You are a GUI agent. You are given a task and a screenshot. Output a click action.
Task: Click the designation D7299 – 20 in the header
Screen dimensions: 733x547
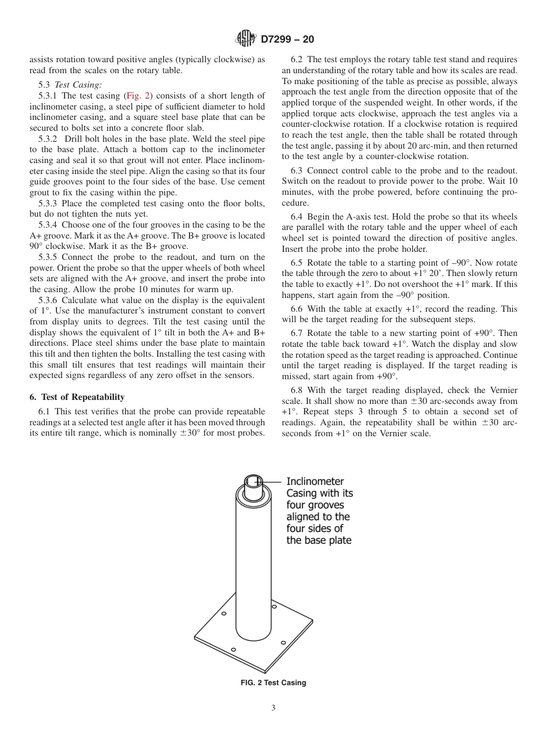click(287, 40)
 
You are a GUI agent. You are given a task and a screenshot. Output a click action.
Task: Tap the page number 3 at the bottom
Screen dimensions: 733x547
click(273, 708)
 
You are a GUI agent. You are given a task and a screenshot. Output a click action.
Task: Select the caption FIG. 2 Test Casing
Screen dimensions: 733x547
click(273, 683)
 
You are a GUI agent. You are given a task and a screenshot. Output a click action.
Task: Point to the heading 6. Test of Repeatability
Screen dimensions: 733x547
click(77, 397)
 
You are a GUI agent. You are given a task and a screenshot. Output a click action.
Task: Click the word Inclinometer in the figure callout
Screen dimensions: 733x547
click(315, 481)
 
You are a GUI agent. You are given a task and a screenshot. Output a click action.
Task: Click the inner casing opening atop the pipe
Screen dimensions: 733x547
click(253, 482)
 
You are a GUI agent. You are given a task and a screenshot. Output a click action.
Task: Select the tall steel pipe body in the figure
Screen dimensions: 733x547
click(253, 565)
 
